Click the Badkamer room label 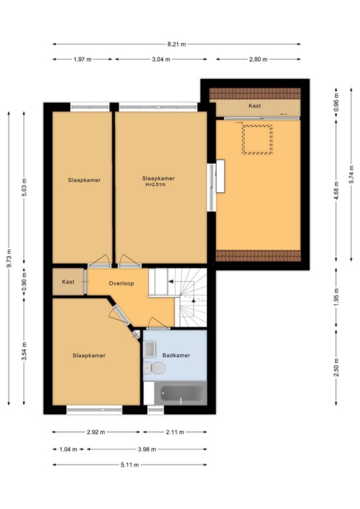pos(176,355)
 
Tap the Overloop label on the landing pos(121,284)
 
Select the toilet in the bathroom pos(154,368)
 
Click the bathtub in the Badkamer pos(181,394)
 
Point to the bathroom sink pos(149,349)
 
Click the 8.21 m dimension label pos(176,44)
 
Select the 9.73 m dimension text pos(10,258)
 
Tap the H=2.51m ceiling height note pos(156,185)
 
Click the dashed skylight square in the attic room pos(257,140)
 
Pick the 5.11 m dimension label pos(130,465)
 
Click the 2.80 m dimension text pos(259,60)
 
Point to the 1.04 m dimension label pos(68,449)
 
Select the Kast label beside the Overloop pos(68,282)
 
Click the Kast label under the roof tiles pos(255,106)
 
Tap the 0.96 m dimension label pos(336,103)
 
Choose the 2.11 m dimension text pos(175,432)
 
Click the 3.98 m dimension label pos(147,449)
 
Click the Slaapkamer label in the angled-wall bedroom pos(89,355)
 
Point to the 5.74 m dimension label pos(351,174)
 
